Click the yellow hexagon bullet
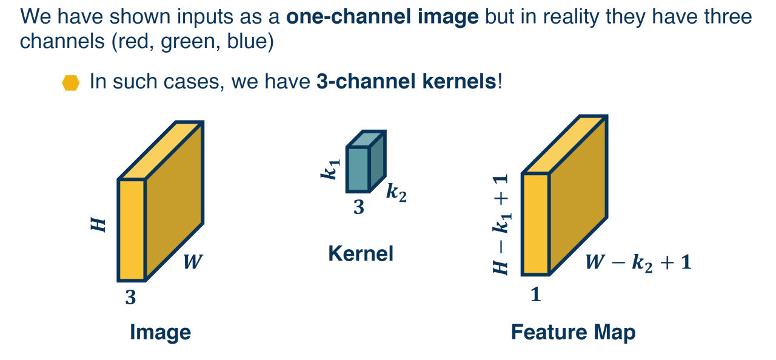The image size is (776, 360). (71, 83)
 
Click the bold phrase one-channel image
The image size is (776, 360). (383, 16)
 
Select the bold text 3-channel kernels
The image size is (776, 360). (406, 81)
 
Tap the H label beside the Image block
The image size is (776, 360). (98, 225)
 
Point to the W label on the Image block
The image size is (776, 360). (193, 262)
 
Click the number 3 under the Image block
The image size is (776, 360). (130, 297)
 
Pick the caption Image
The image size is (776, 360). (161, 332)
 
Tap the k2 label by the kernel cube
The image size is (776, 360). (396, 193)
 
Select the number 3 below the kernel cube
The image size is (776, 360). (359, 207)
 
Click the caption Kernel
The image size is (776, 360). (361, 253)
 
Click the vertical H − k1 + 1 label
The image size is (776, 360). (501, 224)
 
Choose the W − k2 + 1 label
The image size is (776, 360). (638, 262)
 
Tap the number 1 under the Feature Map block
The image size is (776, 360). (535, 295)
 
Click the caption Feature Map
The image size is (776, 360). (574, 332)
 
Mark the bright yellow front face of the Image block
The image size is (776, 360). (132, 230)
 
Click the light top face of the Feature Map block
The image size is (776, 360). (564, 145)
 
